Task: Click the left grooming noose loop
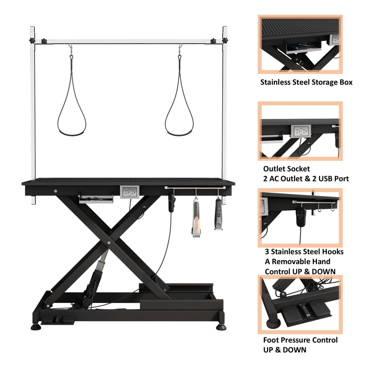72,122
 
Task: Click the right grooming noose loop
179,122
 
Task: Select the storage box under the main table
96,199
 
